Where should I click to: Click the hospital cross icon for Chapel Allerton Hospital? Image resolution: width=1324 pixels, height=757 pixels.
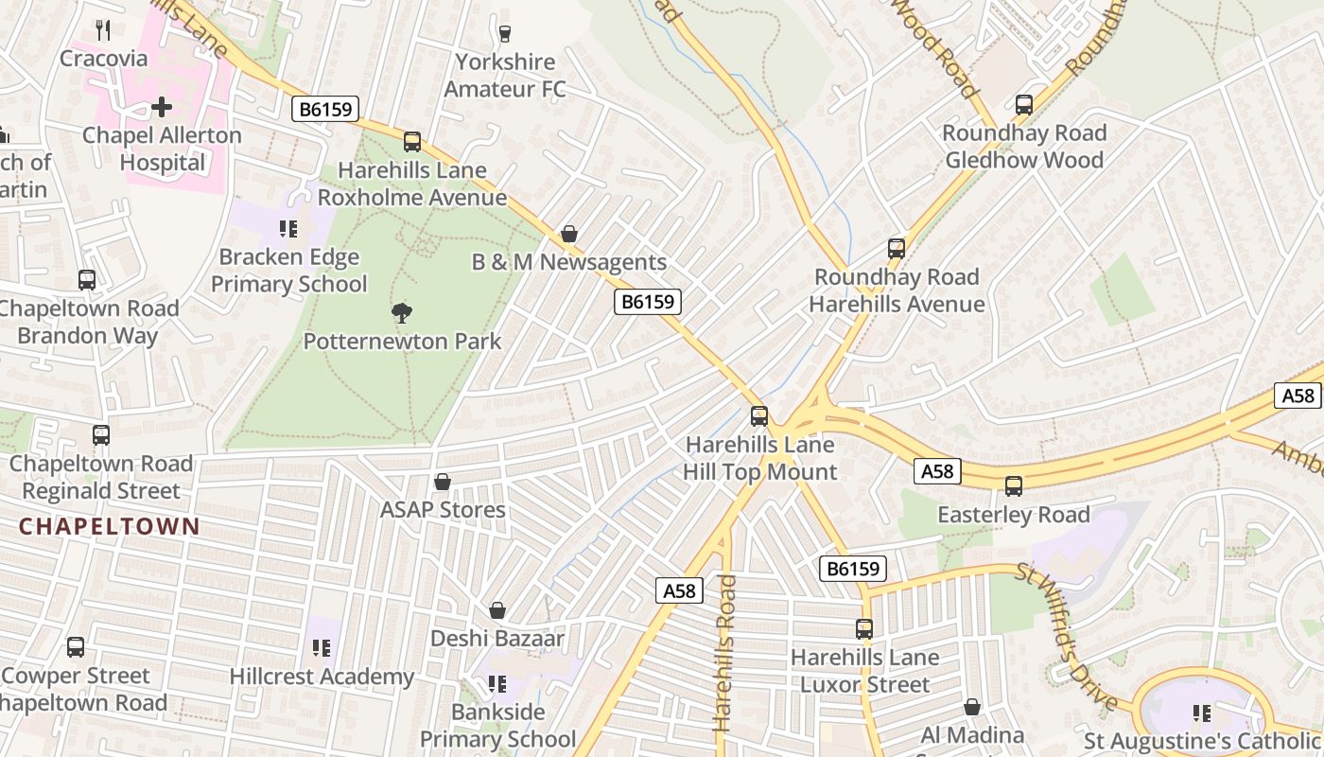click(162, 106)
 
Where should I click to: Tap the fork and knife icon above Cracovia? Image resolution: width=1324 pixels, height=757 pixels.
click(103, 30)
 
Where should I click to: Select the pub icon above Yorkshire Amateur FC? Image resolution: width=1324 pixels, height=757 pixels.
click(505, 34)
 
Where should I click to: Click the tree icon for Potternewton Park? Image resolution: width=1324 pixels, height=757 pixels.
click(402, 312)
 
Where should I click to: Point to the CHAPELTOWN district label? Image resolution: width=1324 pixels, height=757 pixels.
click(110, 526)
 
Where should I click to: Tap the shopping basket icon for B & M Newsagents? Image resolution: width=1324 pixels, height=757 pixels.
click(569, 234)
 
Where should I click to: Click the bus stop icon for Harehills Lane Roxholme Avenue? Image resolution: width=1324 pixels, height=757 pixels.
click(412, 142)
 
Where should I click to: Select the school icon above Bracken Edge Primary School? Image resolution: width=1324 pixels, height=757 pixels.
click(288, 228)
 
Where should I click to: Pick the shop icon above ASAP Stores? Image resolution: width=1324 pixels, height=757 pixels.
click(442, 482)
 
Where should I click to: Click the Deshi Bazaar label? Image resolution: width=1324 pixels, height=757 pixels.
click(496, 639)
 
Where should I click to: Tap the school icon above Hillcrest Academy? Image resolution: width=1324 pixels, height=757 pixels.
click(322, 648)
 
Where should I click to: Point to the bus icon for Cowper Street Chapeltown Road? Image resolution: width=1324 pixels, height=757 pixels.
click(76, 647)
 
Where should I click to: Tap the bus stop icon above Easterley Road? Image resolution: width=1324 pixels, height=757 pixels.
click(1014, 486)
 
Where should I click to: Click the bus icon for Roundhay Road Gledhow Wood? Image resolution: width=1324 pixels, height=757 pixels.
click(1024, 104)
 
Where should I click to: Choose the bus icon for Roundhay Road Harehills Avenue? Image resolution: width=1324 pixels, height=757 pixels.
click(897, 249)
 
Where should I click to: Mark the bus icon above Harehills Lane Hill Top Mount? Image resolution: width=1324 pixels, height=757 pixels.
click(759, 416)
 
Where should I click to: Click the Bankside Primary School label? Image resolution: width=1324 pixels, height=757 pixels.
click(497, 725)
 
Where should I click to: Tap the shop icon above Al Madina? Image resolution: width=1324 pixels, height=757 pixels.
click(972, 707)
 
